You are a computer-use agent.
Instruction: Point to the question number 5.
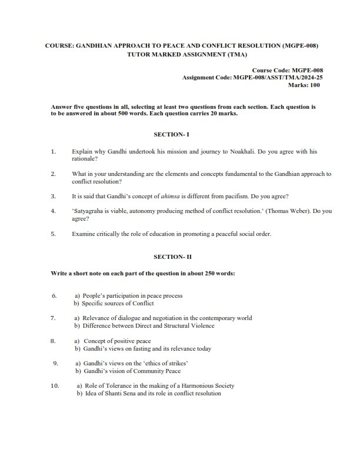click(53, 234)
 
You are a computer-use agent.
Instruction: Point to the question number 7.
click(53, 318)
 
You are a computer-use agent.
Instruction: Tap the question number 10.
click(55, 386)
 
